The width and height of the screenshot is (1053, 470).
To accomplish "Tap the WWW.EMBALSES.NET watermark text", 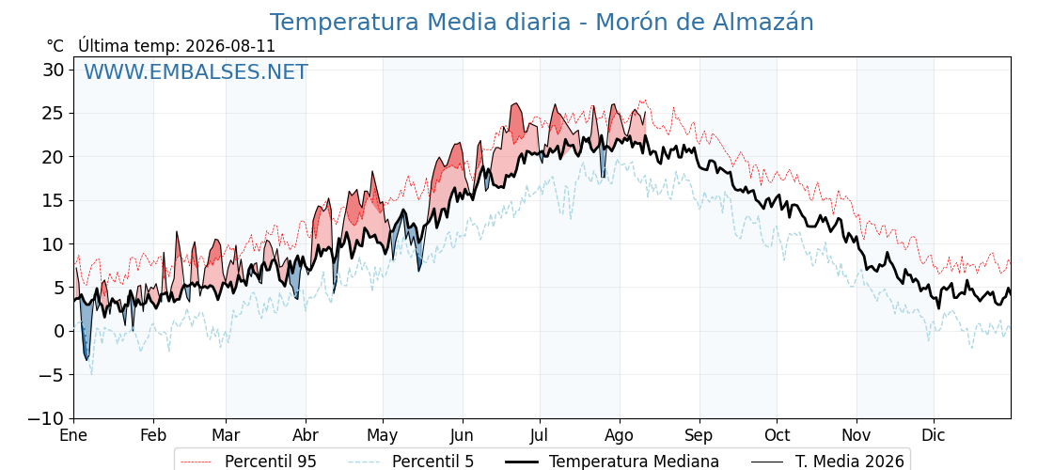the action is click(x=196, y=71).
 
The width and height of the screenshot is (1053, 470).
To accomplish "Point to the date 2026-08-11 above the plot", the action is click(x=229, y=46).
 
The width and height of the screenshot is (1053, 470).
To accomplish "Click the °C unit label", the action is click(x=55, y=46).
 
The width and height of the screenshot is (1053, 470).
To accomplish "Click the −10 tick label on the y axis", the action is click(x=47, y=418).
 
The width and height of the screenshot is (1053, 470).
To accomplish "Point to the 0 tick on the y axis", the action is click(x=60, y=331).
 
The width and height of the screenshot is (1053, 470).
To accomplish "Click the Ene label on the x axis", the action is click(x=73, y=435).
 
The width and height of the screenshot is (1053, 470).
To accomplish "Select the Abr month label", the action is click(x=306, y=435).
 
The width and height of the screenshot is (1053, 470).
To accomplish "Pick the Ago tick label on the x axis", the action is click(x=620, y=436).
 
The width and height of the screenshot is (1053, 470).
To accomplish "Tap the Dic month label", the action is click(x=934, y=435).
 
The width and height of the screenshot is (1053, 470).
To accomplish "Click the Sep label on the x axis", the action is click(x=699, y=436).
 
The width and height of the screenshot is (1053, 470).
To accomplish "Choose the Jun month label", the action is click(x=463, y=435).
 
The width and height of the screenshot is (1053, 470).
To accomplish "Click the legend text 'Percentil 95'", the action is click(x=271, y=462).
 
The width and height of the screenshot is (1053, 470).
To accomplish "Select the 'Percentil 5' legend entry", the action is click(x=433, y=462).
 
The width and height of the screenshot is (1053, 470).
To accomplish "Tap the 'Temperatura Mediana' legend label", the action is click(x=634, y=462).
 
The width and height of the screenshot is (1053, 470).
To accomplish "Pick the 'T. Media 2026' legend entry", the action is click(x=850, y=462).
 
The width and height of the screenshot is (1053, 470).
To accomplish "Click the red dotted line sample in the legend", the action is click(x=196, y=462).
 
